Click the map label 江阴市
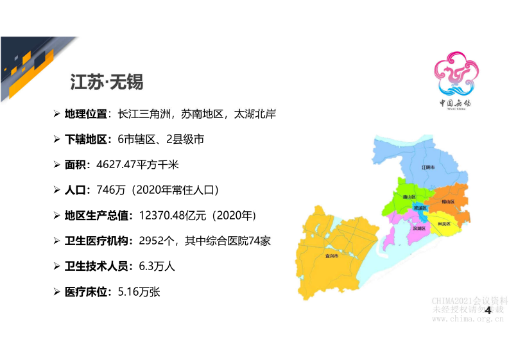coord(428,167)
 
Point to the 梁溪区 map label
coord(420,208)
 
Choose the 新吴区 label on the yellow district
coord(444,224)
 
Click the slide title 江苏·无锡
coord(107,83)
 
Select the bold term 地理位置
coord(85,114)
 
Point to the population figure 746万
coord(107,189)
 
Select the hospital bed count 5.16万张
coord(139,291)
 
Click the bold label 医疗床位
coord(85,291)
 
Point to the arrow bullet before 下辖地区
coord(56,139)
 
